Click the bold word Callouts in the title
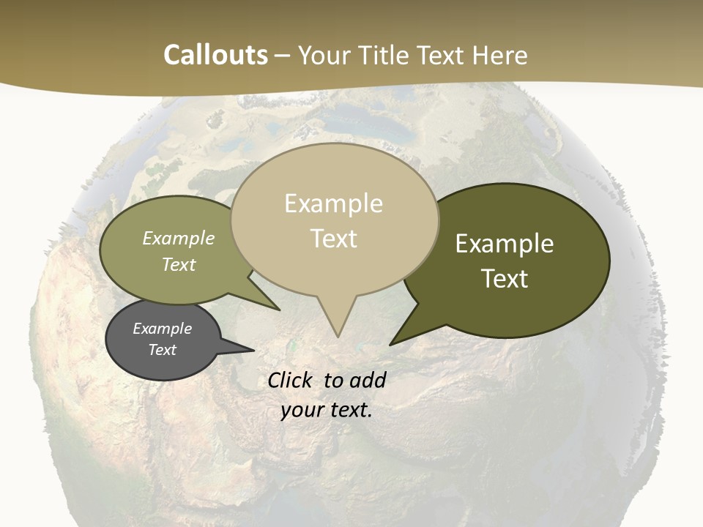pyautogui.click(x=215, y=55)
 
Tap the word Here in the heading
pyautogui.click(x=498, y=55)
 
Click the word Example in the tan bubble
pyautogui.click(x=333, y=203)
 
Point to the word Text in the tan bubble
pyautogui.click(x=334, y=239)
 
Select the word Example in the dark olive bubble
pyautogui.click(x=505, y=244)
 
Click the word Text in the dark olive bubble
pyautogui.click(x=505, y=279)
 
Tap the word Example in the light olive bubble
pyautogui.click(x=179, y=238)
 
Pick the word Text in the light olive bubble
pyautogui.click(x=179, y=264)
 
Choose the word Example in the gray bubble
pyautogui.click(x=163, y=329)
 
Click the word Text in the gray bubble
pyautogui.click(x=163, y=350)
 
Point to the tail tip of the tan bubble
pyautogui.click(x=338, y=336)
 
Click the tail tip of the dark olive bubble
pyautogui.click(x=391, y=343)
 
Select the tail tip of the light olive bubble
pyautogui.click(x=279, y=309)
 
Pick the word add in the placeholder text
pyautogui.click(x=368, y=380)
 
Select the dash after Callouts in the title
pyautogui.click(x=283, y=56)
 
